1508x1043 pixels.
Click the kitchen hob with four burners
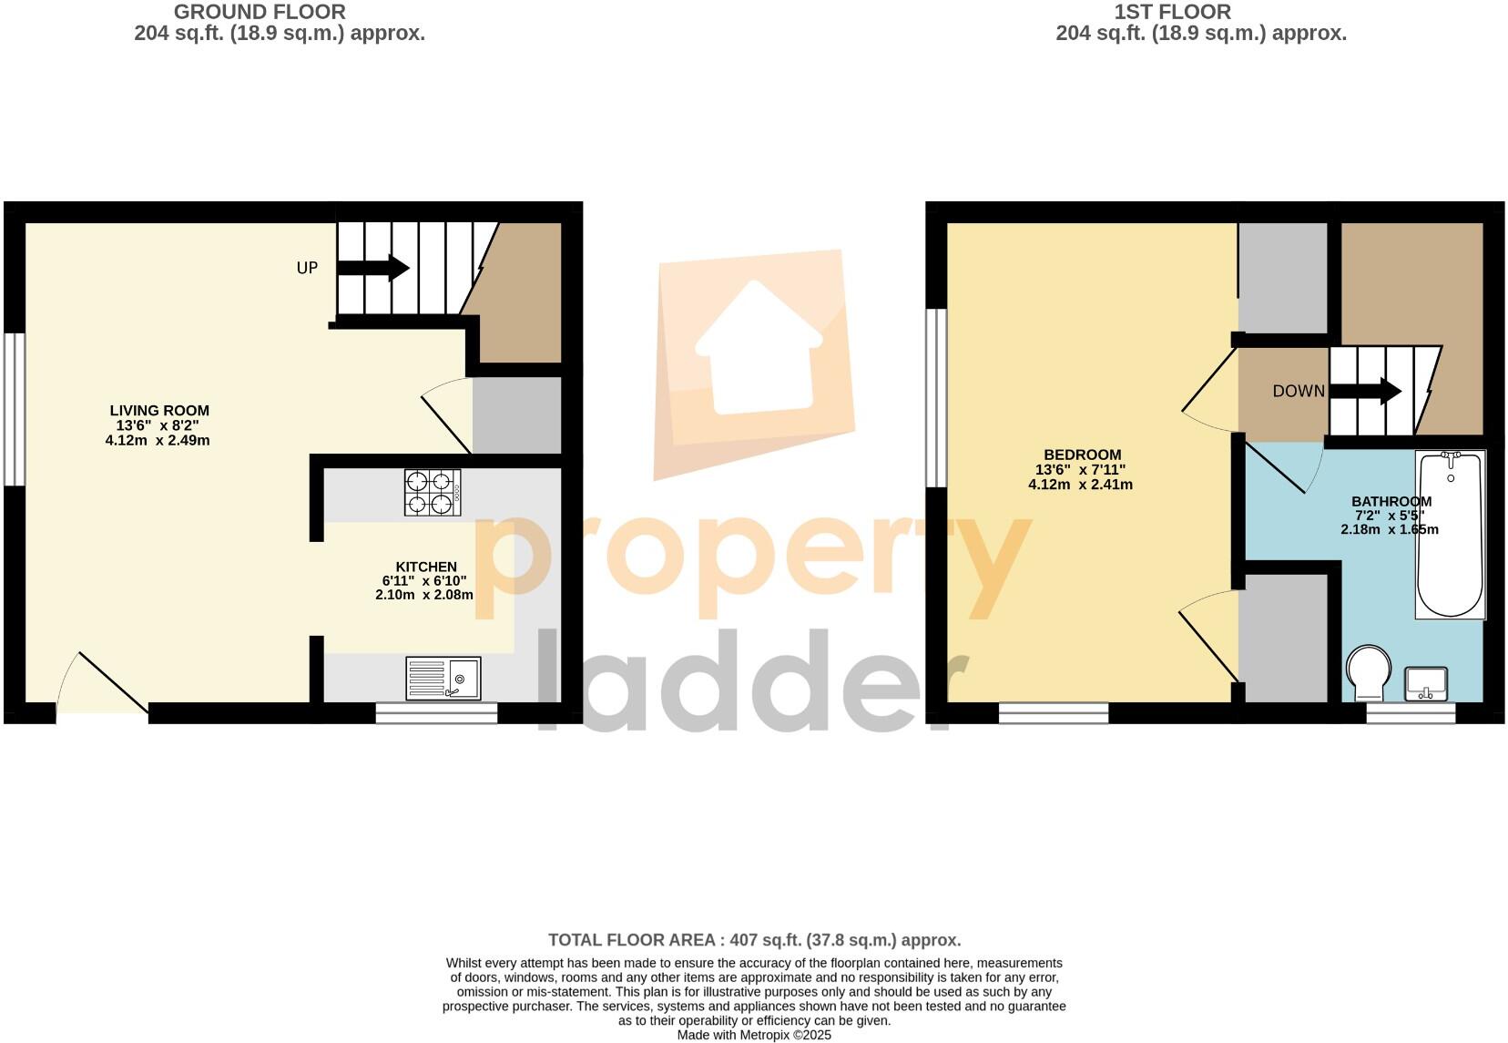pos(433,492)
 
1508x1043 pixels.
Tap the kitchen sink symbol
pos(444,678)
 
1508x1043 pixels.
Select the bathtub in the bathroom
pos(1451,535)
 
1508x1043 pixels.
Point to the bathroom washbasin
pos(1426,683)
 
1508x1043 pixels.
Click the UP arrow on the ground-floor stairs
pos(373,268)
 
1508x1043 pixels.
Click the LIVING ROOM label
pos(159,411)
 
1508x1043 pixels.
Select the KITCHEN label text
pos(425,567)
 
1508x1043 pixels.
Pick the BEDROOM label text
pos(1082,455)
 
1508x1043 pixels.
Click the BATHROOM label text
pos(1391,501)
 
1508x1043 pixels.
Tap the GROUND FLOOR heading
pos(260,13)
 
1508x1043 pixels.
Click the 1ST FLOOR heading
pos(1172,13)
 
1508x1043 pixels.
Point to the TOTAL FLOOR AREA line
pos(754,939)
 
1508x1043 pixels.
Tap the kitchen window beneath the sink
pos(436,713)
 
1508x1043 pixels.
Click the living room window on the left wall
pos(15,408)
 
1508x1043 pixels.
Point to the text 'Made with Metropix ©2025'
pos(754,1036)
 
